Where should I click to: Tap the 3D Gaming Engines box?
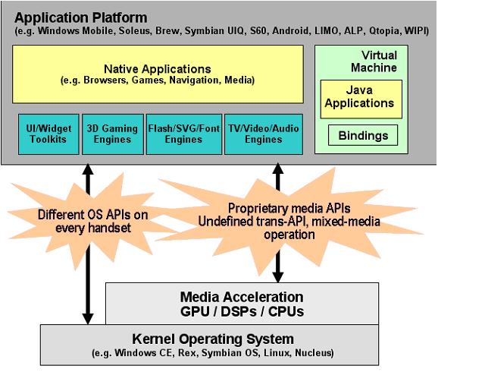pos(111,134)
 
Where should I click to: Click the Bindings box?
pos(362,136)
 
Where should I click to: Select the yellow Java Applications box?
pos(361,98)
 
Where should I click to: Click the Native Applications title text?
pos(157,68)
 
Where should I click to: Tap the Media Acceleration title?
pos(241,297)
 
